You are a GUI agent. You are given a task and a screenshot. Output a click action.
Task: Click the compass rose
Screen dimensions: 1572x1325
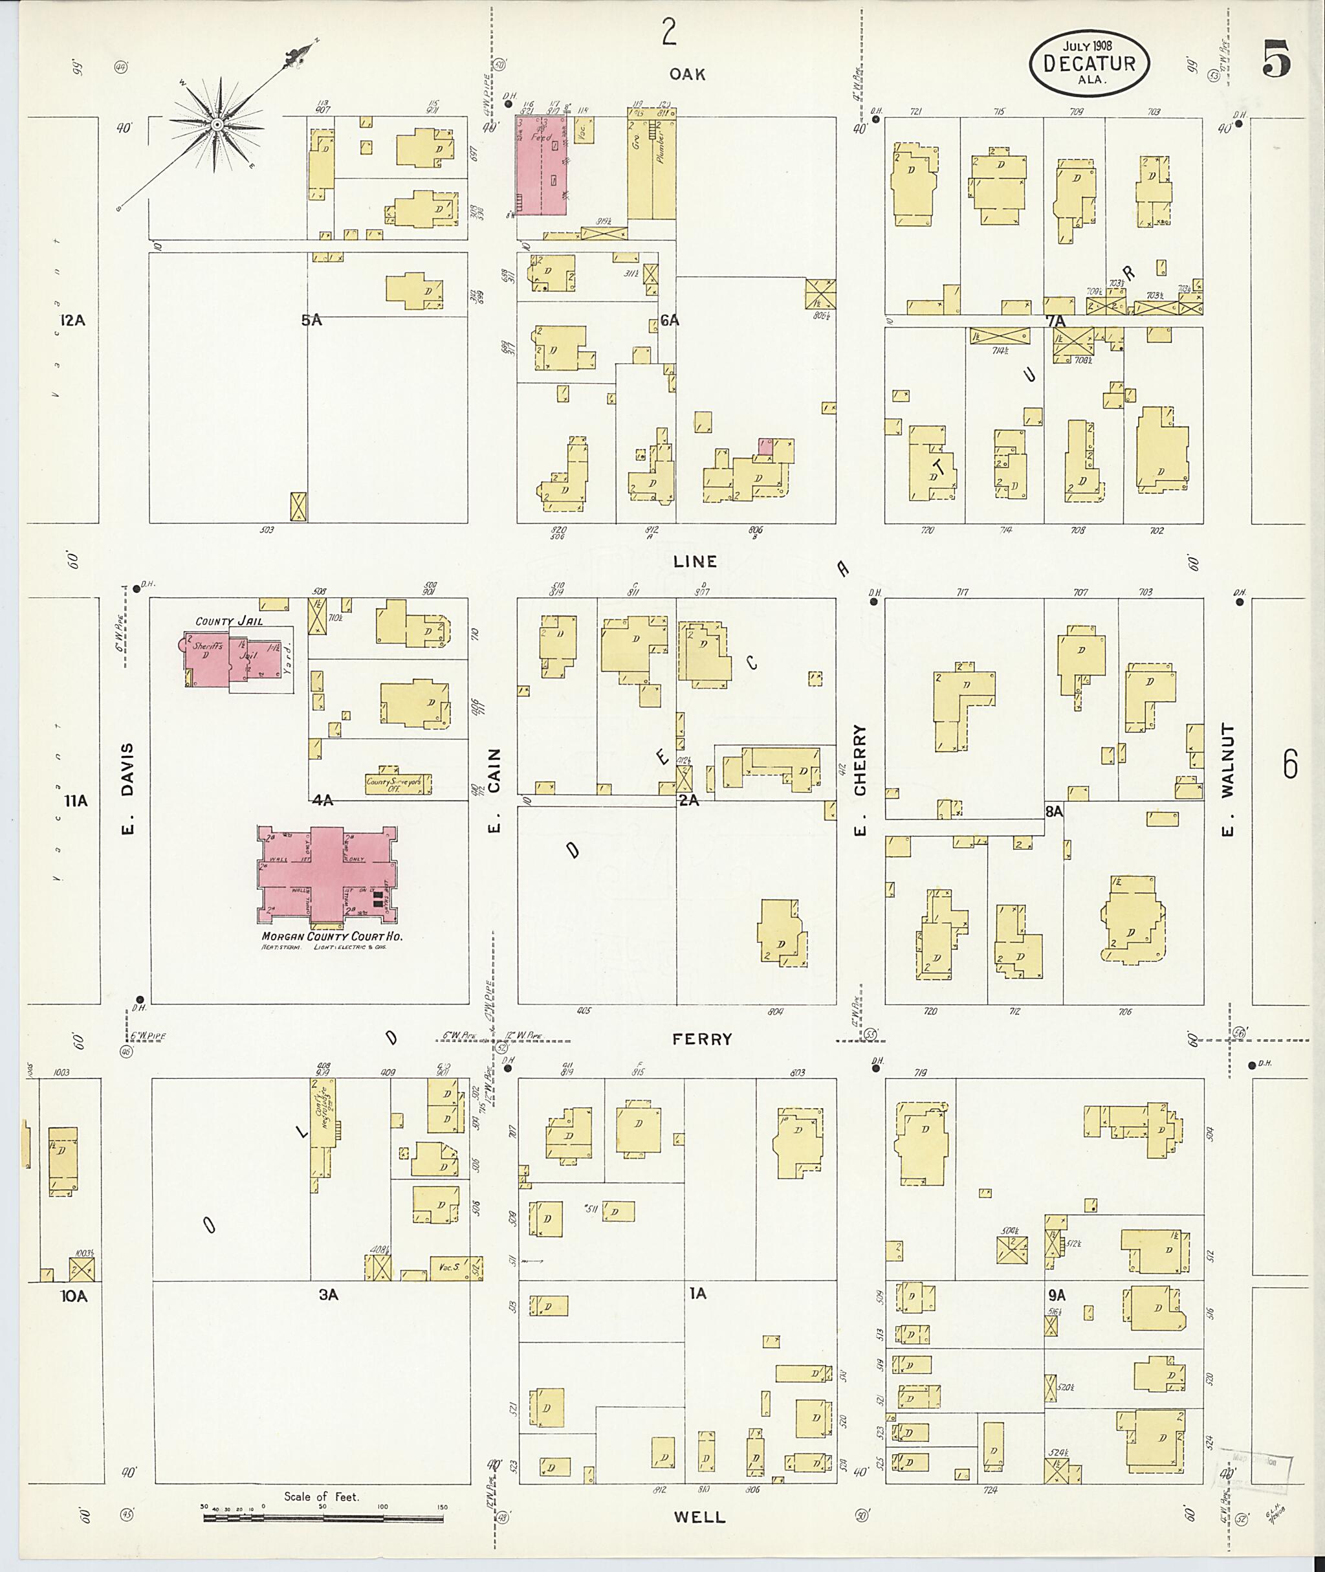(x=217, y=124)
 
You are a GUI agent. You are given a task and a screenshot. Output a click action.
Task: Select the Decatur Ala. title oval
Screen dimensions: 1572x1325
(x=1088, y=64)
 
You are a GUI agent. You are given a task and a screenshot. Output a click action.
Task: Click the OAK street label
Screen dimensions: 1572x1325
(x=687, y=74)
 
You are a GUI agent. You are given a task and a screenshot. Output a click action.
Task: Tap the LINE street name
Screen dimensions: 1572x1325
(x=695, y=561)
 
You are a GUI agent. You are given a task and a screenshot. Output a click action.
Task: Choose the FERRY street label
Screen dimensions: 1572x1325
(x=701, y=1039)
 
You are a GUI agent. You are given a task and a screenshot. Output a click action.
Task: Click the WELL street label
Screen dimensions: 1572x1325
(x=699, y=1516)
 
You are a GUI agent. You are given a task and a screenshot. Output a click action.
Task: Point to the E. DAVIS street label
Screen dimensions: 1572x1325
(x=127, y=790)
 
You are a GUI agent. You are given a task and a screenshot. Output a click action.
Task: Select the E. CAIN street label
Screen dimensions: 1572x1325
(x=494, y=790)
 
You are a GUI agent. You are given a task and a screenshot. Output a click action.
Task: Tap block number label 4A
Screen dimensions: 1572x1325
(x=322, y=801)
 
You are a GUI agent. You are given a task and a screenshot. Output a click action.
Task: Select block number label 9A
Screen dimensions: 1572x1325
(x=1057, y=1295)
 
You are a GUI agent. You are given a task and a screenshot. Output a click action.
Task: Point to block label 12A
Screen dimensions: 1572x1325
(x=73, y=321)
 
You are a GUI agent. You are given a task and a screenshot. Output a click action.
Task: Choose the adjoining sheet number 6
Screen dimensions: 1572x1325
(x=1289, y=766)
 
